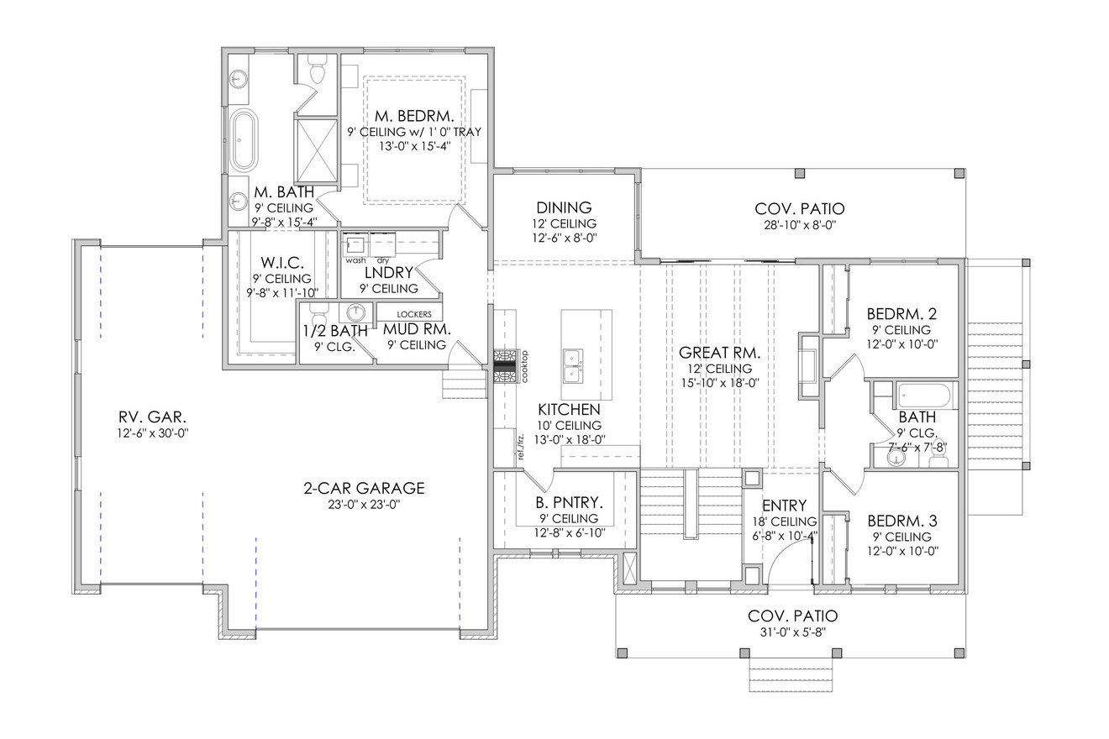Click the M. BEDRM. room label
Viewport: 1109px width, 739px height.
click(414, 115)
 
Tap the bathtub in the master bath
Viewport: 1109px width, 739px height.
click(244, 140)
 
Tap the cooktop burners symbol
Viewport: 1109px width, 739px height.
click(507, 366)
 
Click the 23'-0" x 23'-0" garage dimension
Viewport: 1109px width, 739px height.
click(364, 505)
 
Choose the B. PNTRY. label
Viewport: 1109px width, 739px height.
click(567, 503)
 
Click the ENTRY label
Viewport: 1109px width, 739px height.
click(784, 506)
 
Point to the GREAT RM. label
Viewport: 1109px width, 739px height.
click(719, 353)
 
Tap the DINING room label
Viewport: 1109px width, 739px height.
click(563, 207)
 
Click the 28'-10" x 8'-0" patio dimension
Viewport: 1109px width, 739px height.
click(799, 225)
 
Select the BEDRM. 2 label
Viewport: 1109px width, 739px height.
click(901, 314)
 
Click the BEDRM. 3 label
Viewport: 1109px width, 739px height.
click(901, 521)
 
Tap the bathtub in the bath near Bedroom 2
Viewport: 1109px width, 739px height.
click(923, 395)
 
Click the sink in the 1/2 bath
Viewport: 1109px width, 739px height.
click(357, 312)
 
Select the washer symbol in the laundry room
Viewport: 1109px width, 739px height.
click(355, 244)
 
